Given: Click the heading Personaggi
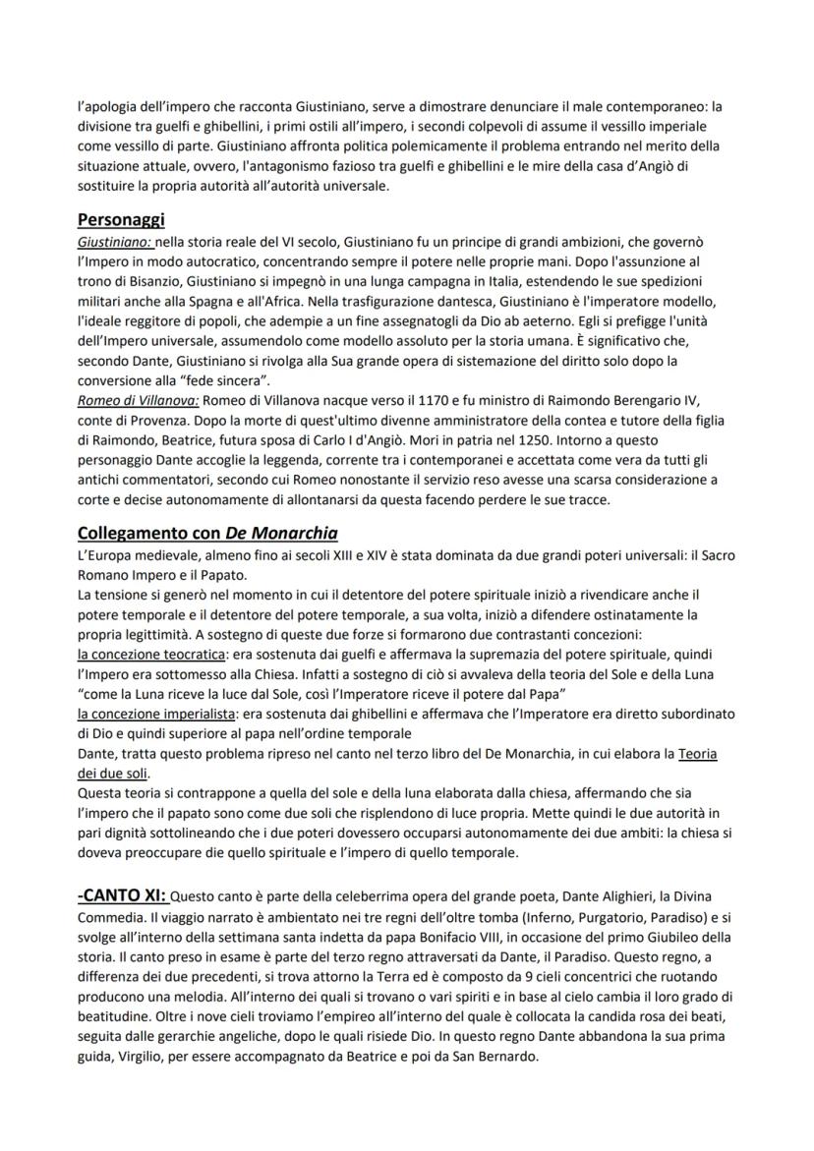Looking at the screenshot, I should pyautogui.click(x=121, y=219).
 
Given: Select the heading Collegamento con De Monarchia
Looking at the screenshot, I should pyautogui.click(x=206, y=534).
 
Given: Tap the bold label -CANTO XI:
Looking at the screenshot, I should pyautogui.click(x=123, y=896).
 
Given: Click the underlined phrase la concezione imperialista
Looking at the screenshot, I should pyautogui.click(x=161, y=713).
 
